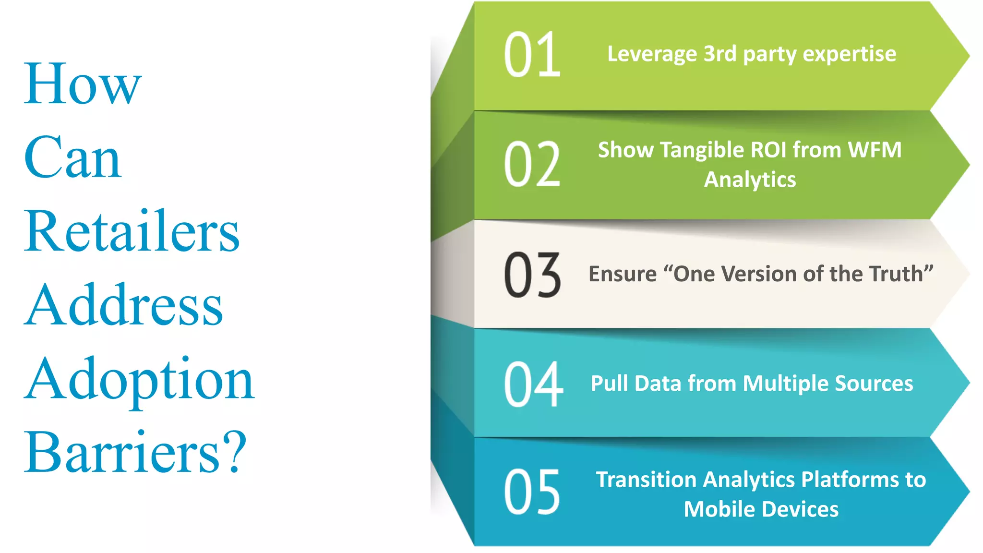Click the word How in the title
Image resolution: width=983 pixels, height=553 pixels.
pyautogui.click(x=83, y=85)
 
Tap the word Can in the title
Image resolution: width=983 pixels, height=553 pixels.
pyautogui.click(x=72, y=158)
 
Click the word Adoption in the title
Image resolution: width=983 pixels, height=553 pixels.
pyautogui.click(x=139, y=380)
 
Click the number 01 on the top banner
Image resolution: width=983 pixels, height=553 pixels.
pyautogui.click(x=532, y=55)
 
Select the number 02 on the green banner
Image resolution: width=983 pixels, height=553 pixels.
pyautogui.click(x=532, y=164)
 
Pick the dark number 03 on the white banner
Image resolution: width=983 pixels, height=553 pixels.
pyautogui.click(x=532, y=275)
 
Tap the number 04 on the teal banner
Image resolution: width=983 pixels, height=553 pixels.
pyautogui.click(x=533, y=384)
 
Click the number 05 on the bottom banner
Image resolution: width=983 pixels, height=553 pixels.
pyautogui.click(x=532, y=493)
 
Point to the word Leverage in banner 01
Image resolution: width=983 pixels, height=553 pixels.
pyautogui.click(x=652, y=54)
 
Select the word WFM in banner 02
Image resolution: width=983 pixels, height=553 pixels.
pyautogui.click(x=875, y=150)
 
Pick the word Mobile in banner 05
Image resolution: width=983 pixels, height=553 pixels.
pyautogui.click(x=713, y=509)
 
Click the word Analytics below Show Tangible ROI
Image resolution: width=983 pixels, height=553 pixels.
pyautogui.click(x=750, y=180)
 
